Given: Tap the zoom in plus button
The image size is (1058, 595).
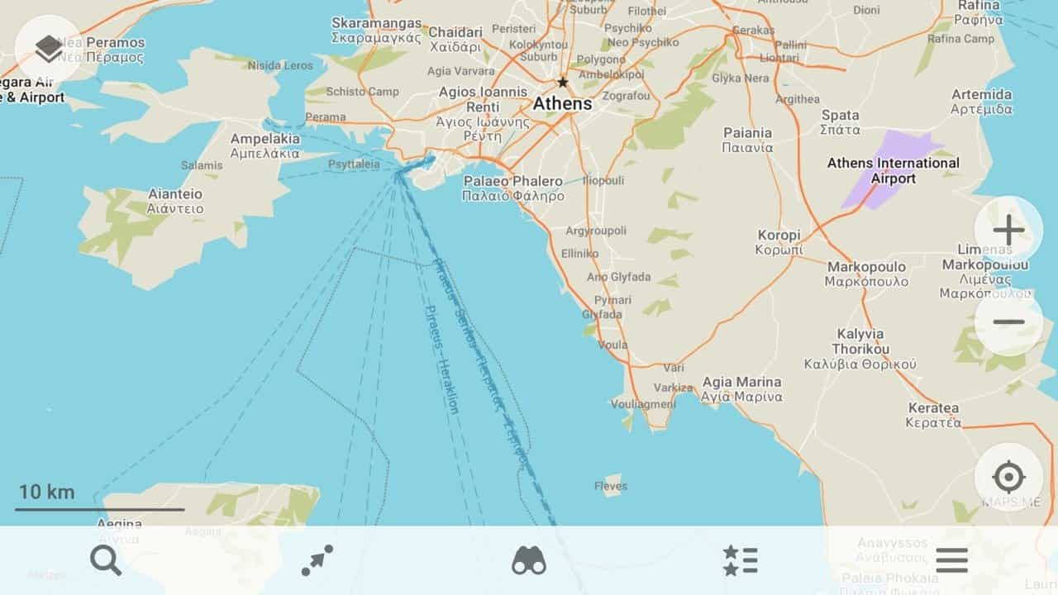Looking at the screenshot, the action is (x=1008, y=231).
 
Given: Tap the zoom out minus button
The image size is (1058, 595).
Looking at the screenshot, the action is (x=1008, y=321).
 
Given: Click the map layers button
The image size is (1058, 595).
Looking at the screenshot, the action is (x=49, y=49).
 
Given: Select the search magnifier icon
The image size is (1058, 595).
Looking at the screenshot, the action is (x=106, y=561).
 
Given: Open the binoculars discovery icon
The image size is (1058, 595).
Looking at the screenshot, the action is (x=529, y=561).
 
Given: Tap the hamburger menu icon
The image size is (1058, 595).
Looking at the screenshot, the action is (x=951, y=561).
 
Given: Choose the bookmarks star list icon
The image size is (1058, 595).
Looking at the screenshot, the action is (x=740, y=561).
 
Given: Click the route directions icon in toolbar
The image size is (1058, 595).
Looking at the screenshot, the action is (x=317, y=561).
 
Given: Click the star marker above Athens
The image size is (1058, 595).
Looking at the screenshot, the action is (x=563, y=83).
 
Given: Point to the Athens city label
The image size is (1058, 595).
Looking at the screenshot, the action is (x=562, y=104).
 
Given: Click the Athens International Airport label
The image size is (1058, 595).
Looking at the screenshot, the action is (x=894, y=170).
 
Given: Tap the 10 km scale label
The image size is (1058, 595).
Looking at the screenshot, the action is (x=47, y=493).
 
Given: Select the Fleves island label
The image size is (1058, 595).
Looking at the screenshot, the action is (x=611, y=486).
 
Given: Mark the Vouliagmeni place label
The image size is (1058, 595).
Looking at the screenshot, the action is (x=643, y=404).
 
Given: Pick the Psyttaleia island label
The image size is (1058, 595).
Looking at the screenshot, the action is (x=354, y=164).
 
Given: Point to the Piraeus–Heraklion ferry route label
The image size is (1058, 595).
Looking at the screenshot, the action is (x=441, y=359).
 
